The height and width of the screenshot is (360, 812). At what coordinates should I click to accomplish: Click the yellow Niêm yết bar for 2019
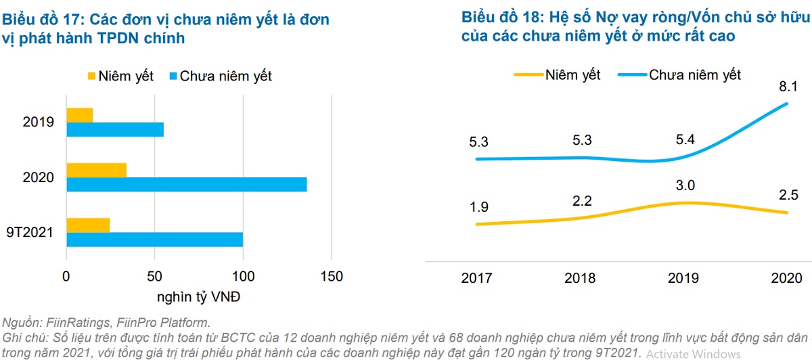point(80,115)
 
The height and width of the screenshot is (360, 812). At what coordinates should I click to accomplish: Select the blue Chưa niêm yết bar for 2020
point(186,185)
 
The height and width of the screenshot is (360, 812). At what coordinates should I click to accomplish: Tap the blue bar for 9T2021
point(154,240)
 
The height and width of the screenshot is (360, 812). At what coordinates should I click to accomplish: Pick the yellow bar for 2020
point(96,170)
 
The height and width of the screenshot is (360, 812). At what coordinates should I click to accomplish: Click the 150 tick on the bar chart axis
point(331,277)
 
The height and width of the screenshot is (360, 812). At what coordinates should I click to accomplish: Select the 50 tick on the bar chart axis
point(154,277)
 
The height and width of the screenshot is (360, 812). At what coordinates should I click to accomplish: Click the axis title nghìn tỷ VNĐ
point(199,297)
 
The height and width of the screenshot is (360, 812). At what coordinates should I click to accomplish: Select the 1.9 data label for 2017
point(478,207)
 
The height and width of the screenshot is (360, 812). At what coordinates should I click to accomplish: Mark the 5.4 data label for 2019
point(686,140)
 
